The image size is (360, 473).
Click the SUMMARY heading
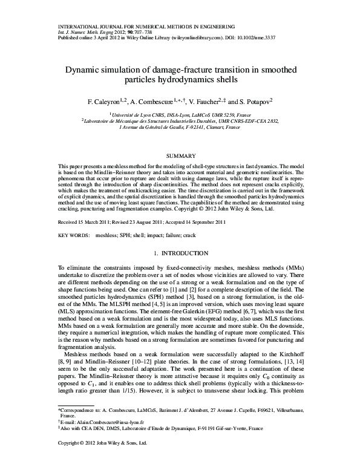[x=180, y=156]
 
